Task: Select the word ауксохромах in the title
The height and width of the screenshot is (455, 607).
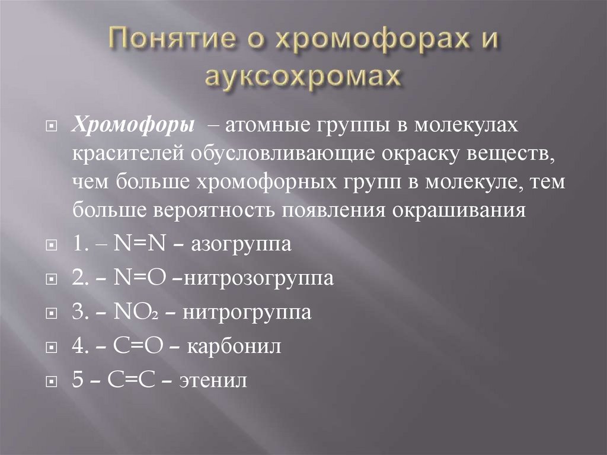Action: click(x=303, y=78)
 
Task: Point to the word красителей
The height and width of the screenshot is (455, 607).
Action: click(x=128, y=154)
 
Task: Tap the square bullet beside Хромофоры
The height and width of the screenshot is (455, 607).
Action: click(x=52, y=126)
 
